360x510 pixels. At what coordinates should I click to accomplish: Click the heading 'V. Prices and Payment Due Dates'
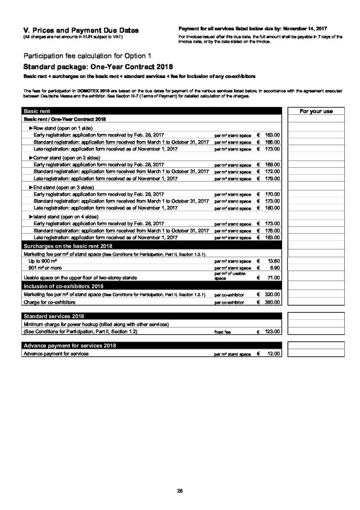81,30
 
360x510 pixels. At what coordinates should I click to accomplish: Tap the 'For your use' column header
316,112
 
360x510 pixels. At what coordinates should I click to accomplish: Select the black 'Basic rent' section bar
152,112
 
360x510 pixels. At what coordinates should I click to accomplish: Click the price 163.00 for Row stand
273,135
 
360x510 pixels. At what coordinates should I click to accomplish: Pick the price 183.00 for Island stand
273,237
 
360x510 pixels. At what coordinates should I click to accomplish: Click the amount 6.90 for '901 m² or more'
275,268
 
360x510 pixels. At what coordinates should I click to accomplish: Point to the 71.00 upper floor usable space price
273,278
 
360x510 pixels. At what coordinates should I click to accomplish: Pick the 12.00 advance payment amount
273,353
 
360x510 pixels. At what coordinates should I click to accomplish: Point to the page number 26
180,491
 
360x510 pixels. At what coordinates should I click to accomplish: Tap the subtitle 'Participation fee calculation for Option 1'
87,56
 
